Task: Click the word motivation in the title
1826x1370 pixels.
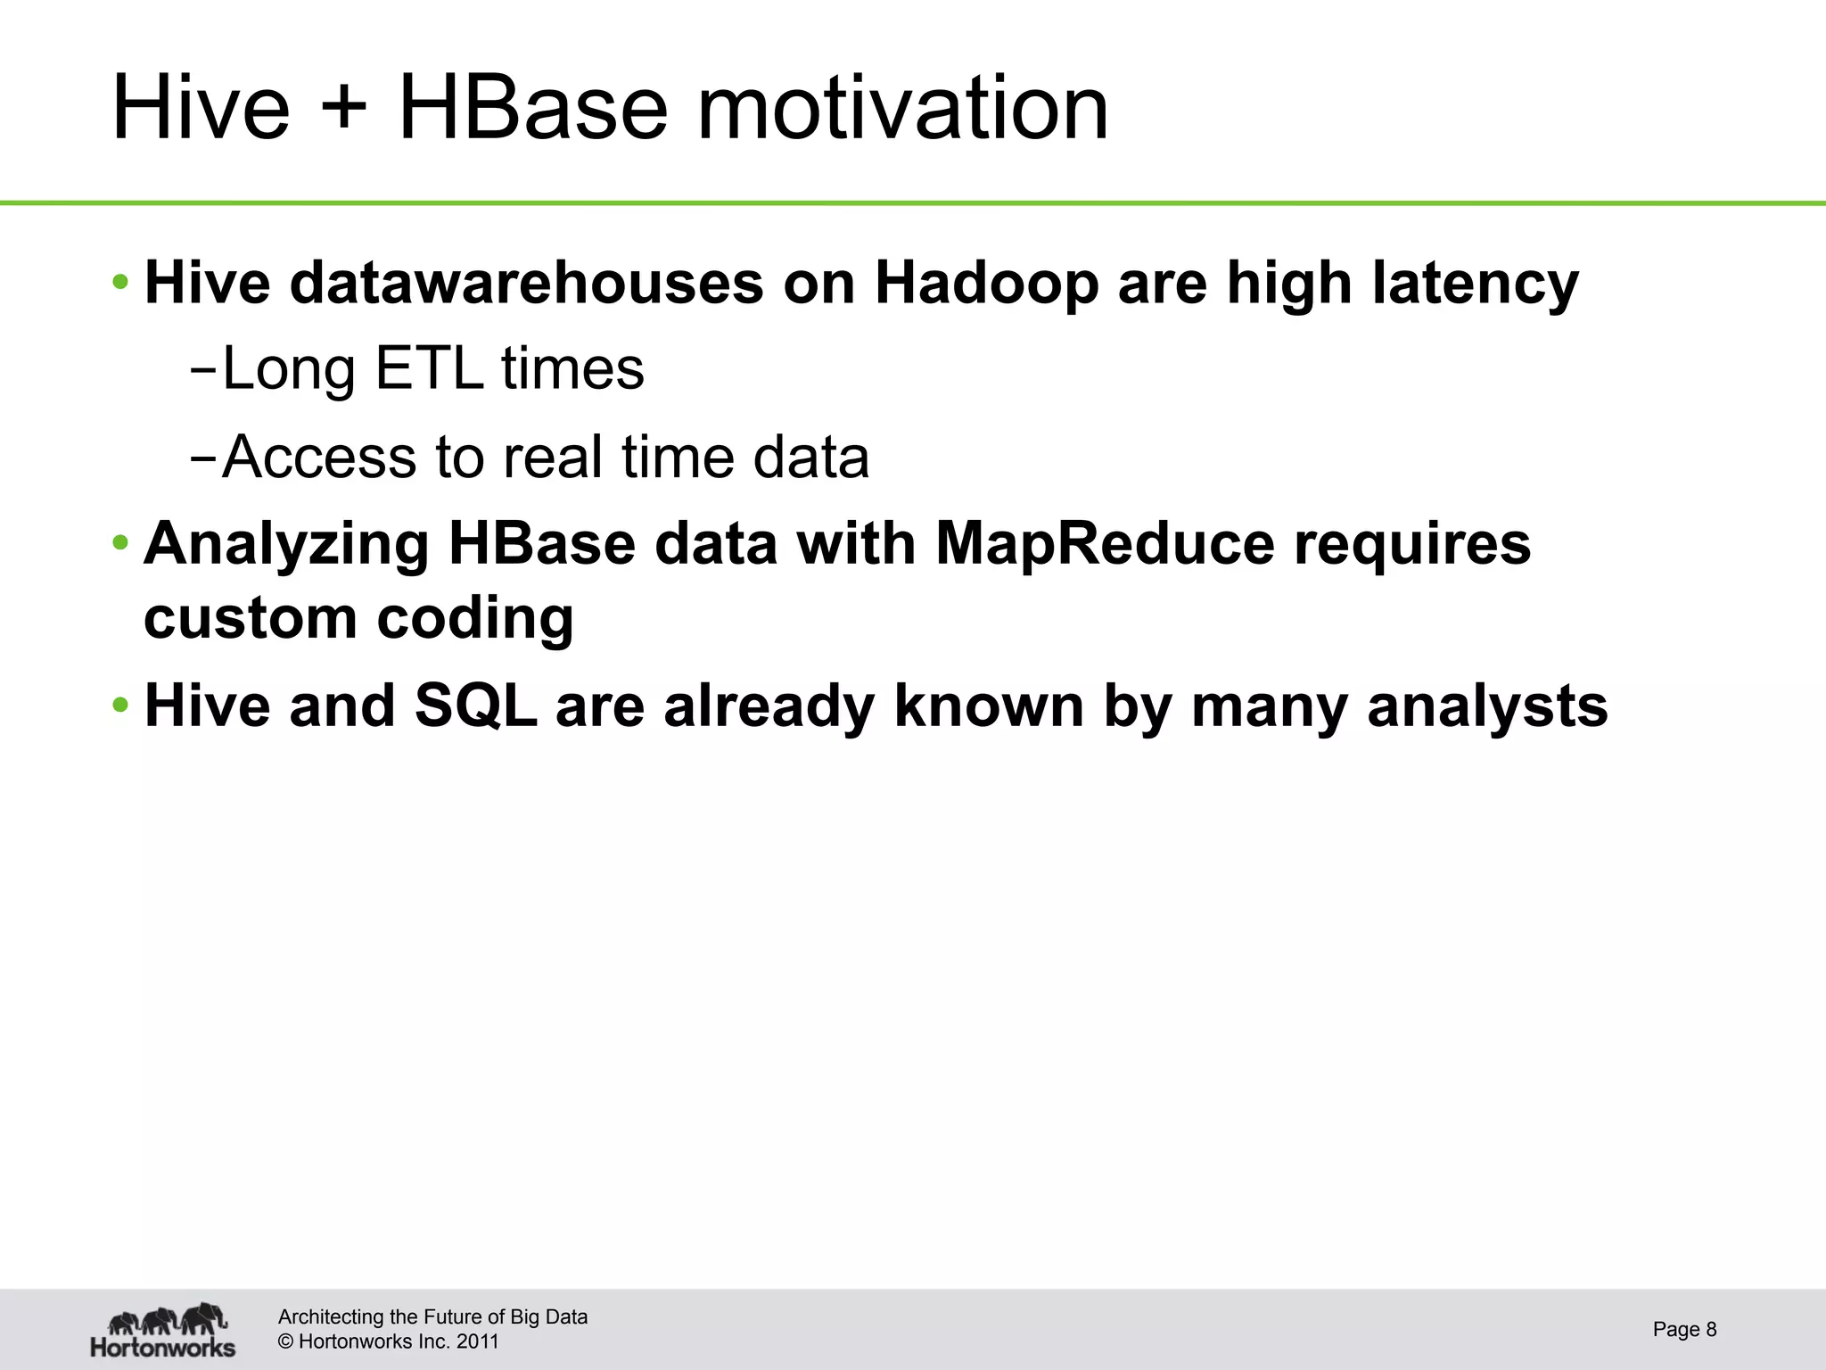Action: (901, 109)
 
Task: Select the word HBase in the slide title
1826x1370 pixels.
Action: (532, 109)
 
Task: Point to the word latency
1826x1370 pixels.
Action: (1475, 284)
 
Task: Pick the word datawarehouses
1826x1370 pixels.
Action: (526, 284)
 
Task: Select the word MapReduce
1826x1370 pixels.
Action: (1105, 543)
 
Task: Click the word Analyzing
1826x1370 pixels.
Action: (286, 545)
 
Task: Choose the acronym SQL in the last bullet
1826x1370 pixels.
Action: (476, 706)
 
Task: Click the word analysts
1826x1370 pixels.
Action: (1487, 706)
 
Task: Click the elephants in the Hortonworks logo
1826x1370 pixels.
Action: (168, 1318)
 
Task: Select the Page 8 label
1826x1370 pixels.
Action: (1683, 1329)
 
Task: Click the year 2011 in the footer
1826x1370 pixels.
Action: (477, 1341)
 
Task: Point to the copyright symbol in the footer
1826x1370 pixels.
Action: (286, 1341)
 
